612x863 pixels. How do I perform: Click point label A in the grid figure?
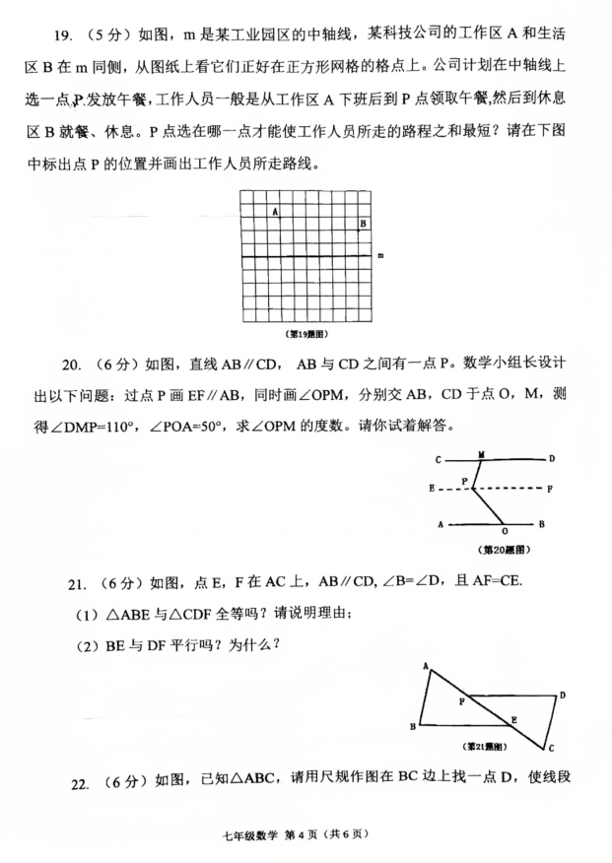(x=275, y=212)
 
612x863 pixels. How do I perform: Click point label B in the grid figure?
(x=363, y=225)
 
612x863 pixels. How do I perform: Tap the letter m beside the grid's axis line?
(x=380, y=257)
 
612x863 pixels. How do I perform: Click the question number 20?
(x=71, y=365)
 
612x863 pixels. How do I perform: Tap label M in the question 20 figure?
(x=481, y=454)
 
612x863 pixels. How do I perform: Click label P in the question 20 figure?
(x=464, y=480)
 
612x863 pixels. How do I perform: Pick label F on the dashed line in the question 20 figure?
(x=550, y=489)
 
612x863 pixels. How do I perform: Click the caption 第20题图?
(x=505, y=548)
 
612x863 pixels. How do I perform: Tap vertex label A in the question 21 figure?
(x=426, y=667)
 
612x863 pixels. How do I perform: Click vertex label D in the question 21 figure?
(x=562, y=696)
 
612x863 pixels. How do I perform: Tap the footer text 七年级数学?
(x=252, y=835)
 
